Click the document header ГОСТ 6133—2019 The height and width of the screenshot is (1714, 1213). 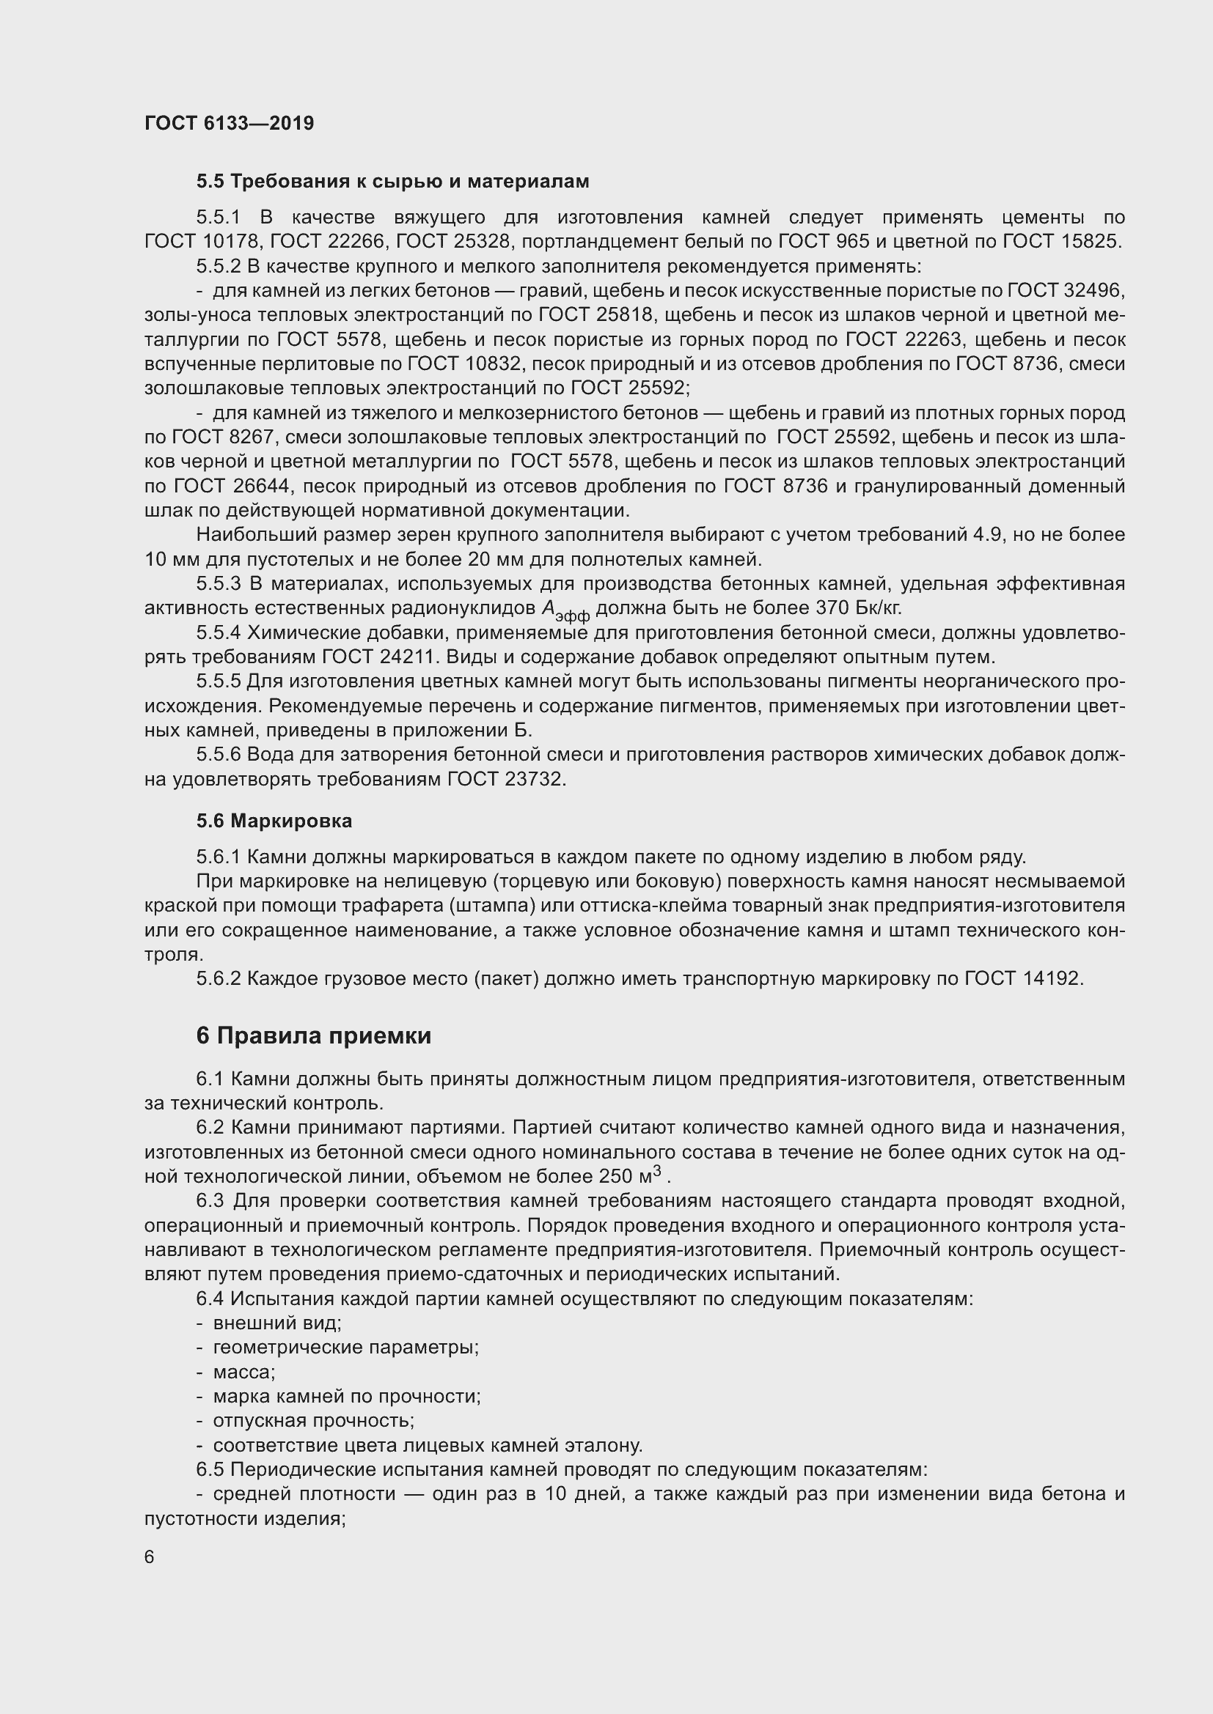230,123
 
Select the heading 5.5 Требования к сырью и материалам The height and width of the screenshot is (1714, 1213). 393,182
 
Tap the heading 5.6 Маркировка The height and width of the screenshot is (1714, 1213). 274,821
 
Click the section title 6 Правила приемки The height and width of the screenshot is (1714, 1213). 314,1035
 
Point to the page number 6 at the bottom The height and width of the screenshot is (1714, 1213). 150,1557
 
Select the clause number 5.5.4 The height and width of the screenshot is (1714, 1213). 218,633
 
